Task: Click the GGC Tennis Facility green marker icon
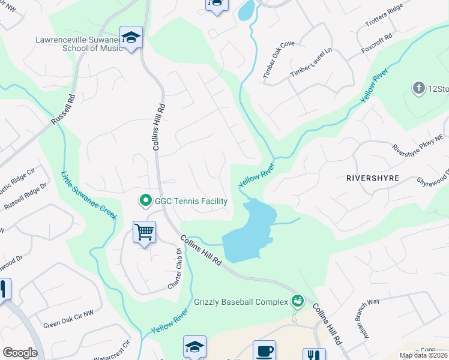click(145, 200)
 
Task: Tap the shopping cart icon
click(144, 231)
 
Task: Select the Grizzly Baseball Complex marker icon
click(297, 301)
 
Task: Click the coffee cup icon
click(264, 350)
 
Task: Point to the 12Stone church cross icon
click(418, 89)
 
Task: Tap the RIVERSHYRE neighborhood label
click(372, 179)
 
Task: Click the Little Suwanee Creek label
click(88, 196)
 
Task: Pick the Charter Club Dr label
click(175, 271)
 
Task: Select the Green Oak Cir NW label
click(69, 325)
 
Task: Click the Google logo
click(20, 352)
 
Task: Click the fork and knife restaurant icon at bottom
click(314, 354)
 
